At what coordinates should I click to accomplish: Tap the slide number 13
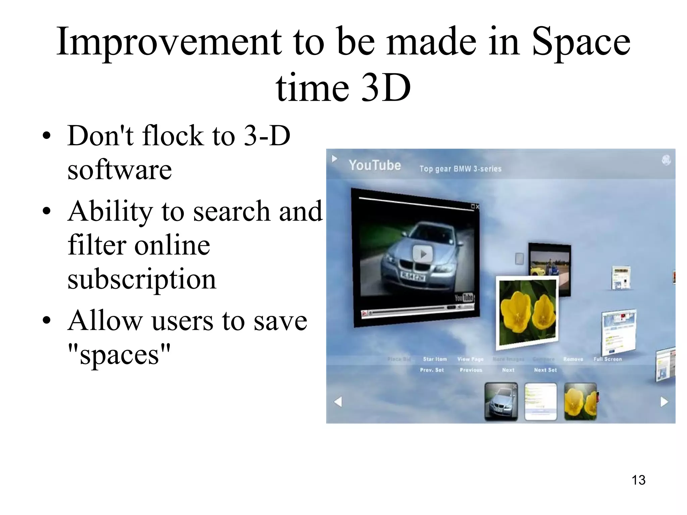[x=638, y=480]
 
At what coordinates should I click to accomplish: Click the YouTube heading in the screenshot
[x=375, y=165]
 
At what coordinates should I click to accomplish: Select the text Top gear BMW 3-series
[x=460, y=169]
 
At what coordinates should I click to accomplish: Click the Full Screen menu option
[x=607, y=359]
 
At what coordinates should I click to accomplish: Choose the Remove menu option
[x=573, y=359]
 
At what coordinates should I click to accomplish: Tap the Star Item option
[x=435, y=359]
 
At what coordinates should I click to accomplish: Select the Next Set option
[x=545, y=370]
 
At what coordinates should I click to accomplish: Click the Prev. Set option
[x=432, y=370]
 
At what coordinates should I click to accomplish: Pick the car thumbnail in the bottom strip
[x=501, y=402]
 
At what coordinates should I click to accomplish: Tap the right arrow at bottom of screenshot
[x=664, y=402]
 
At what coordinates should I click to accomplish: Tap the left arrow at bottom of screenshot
[x=338, y=402]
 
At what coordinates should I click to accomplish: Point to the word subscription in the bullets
[x=142, y=279]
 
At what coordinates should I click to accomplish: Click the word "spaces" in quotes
[x=119, y=355]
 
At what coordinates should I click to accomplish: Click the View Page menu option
[x=470, y=359]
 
